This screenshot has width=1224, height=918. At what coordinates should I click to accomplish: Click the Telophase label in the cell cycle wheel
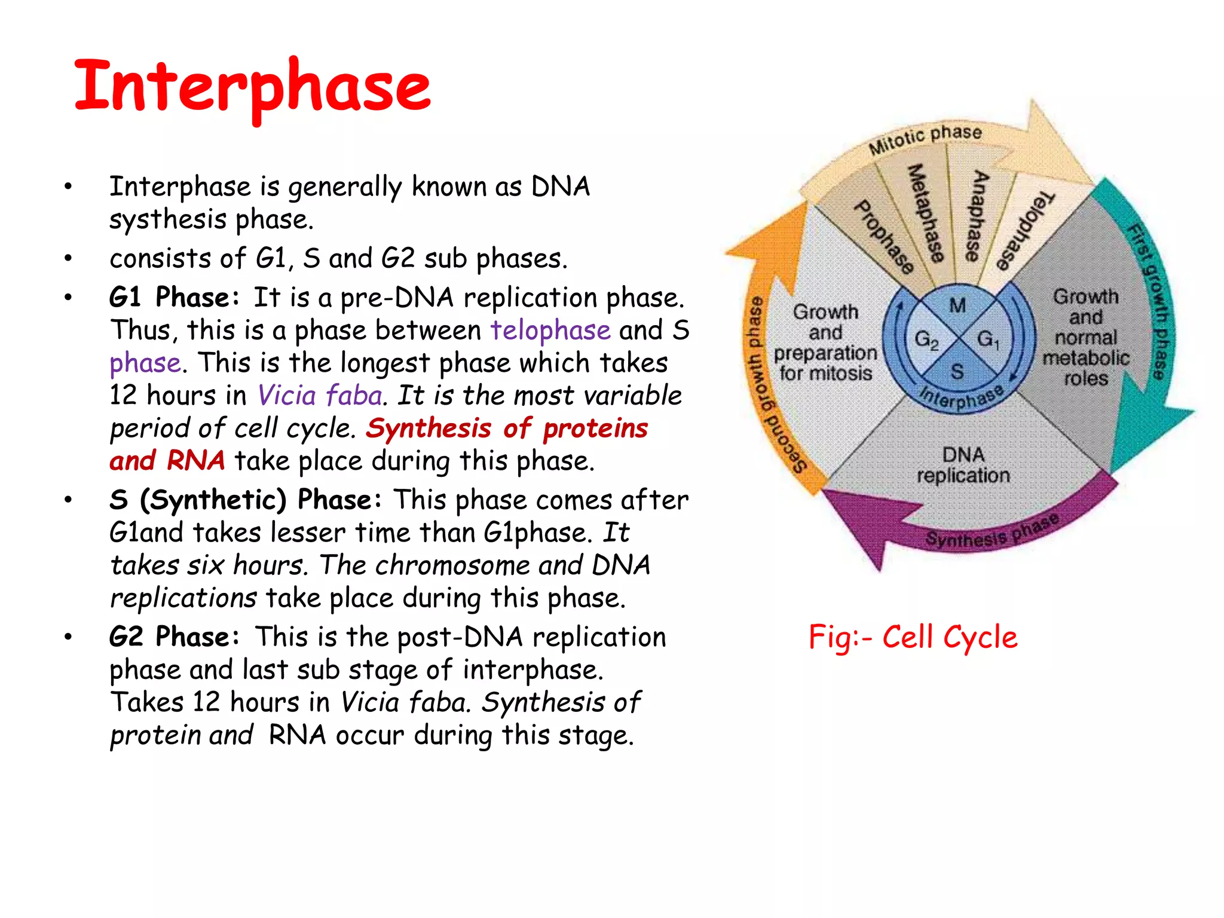point(1024,230)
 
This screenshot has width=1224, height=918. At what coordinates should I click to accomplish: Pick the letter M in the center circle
point(957,305)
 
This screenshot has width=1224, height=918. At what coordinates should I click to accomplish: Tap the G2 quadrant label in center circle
point(926,339)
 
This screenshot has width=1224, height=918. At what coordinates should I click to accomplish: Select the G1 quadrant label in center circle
point(987,339)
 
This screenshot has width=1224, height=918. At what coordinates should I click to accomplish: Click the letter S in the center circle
point(957,372)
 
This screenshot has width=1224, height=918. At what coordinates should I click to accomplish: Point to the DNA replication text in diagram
point(963,465)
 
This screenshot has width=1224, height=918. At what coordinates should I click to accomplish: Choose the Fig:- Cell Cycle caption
point(913,637)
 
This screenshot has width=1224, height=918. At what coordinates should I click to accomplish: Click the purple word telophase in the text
point(550,330)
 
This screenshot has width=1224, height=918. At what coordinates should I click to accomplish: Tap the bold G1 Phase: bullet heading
point(174,297)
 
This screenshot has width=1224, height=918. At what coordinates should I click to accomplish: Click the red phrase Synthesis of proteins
point(507,428)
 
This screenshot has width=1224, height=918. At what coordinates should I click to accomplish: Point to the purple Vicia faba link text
point(320,396)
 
